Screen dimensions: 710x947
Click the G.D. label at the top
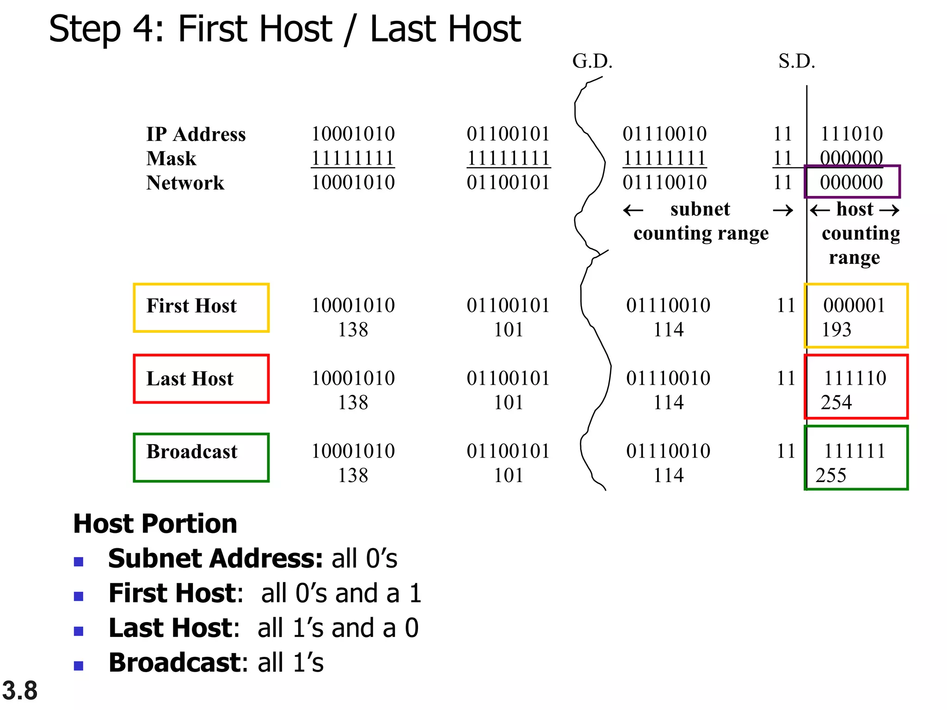pyautogui.click(x=592, y=61)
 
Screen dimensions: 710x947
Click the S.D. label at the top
pyautogui.click(x=796, y=61)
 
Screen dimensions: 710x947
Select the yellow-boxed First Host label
pyautogui.click(x=191, y=306)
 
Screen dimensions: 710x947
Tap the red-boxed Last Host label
pyautogui.click(x=190, y=379)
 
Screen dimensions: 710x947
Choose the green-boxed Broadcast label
pyautogui.click(x=192, y=452)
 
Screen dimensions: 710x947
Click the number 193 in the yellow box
pyautogui.click(x=836, y=330)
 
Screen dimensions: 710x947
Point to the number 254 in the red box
pyautogui.click(x=836, y=403)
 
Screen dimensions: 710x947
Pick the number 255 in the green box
pyautogui.click(x=831, y=476)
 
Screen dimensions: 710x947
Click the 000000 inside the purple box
pyautogui.click(x=851, y=183)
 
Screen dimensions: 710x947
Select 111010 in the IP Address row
pyautogui.click(x=851, y=134)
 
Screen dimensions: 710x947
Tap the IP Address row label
pyautogui.click(x=196, y=135)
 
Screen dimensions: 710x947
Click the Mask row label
pyautogui.click(x=171, y=159)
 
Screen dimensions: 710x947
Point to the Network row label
pyautogui.click(x=185, y=183)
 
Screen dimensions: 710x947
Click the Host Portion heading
pyautogui.click(x=155, y=524)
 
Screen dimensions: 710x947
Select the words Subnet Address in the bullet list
pyautogui.click(x=215, y=558)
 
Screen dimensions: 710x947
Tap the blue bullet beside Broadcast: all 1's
pyautogui.click(x=79, y=666)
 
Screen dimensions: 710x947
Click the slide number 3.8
pyautogui.click(x=19, y=691)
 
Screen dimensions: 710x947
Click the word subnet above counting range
pyautogui.click(x=700, y=209)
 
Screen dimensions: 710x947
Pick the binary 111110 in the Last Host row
pyautogui.click(x=855, y=379)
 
